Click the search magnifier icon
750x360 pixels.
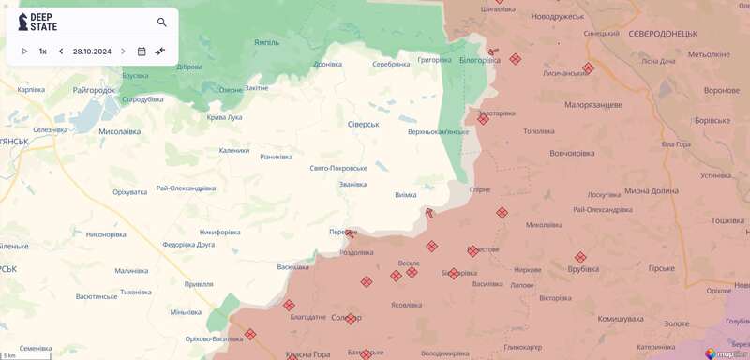pyautogui.click(x=162, y=22)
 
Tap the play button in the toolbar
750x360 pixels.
pyautogui.click(x=24, y=52)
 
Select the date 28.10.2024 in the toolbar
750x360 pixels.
pyautogui.click(x=92, y=52)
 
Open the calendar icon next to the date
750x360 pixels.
pyautogui.click(x=142, y=52)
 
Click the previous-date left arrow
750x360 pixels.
pyautogui.click(x=61, y=52)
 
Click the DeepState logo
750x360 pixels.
pyautogui.click(x=37, y=22)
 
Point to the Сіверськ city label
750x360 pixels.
pyautogui.click(x=363, y=124)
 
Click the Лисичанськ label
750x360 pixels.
pyautogui.click(x=565, y=73)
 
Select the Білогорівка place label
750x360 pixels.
pyautogui.click(x=479, y=59)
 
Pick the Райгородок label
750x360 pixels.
pyautogui.click(x=94, y=90)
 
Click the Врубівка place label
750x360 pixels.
pyautogui.click(x=583, y=269)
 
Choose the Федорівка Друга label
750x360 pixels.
pyautogui.click(x=188, y=245)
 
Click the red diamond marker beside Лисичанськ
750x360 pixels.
pyautogui.click(x=588, y=67)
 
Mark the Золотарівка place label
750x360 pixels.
pyautogui.click(x=497, y=113)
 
